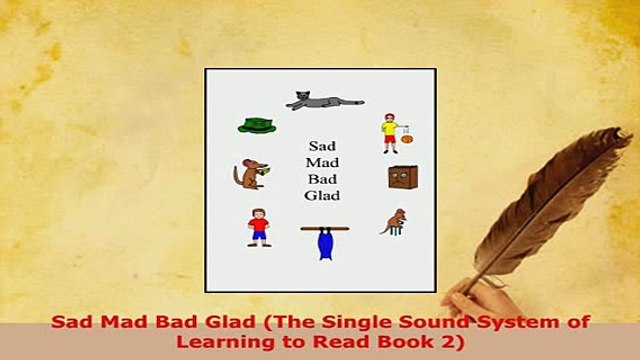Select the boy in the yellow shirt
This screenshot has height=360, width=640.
pyautogui.click(x=389, y=133)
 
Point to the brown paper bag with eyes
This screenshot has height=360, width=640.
pyautogui.click(x=403, y=177)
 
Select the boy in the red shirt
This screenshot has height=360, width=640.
pyautogui.click(x=259, y=227)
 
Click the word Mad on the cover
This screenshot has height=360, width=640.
pyautogui.click(x=321, y=162)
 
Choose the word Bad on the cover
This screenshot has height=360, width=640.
pyautogui.click(x=321, y=179)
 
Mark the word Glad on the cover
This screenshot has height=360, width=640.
pyautogui.click(x=321, y=196)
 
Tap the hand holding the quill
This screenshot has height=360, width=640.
pyautogui.click(x=471, y=300)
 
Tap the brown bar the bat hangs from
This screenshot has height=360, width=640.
pyautogui.click(x=324, y=229)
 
